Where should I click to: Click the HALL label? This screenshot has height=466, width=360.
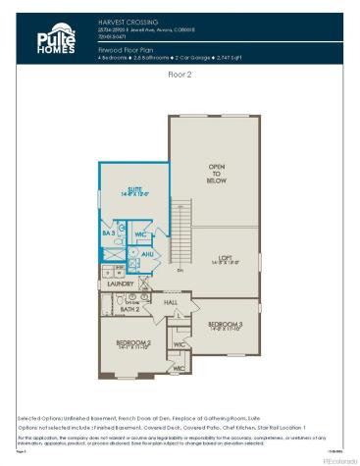pyautogui.click(x=171, y=303)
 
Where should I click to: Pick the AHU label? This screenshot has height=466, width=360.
pyautogui.click(x=149, y=253)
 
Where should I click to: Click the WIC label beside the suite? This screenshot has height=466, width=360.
pyautogui.click(x=140, y=234)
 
